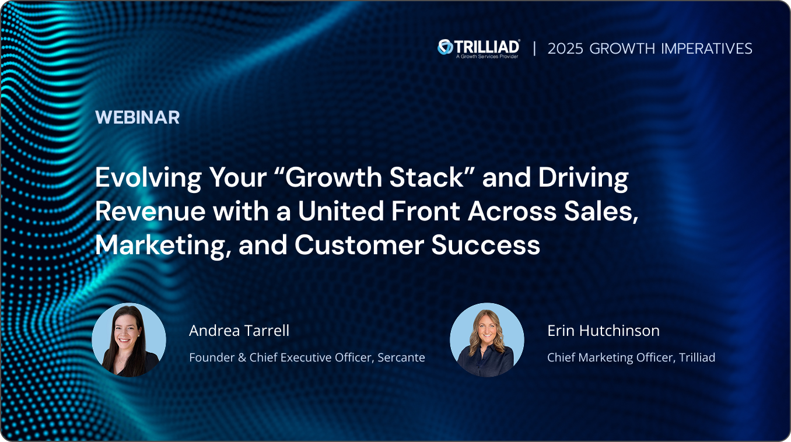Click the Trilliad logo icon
click(x=446, y=47)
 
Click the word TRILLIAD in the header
click(x=487, y=45)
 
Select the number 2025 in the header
click(x=566, y=48)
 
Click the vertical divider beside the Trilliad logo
click(x=534, y=48)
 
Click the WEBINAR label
click(x=137, y=117)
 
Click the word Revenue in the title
click(x=150, y=212)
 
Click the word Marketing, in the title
click(x=162, y=245)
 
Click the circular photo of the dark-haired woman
click(x=129, y=340)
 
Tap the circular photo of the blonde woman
click(x=487, y=340)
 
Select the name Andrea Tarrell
click(x=239, y=331)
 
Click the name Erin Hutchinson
click(x=603, y=331)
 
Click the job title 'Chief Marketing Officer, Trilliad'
click(x=631, y=357)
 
